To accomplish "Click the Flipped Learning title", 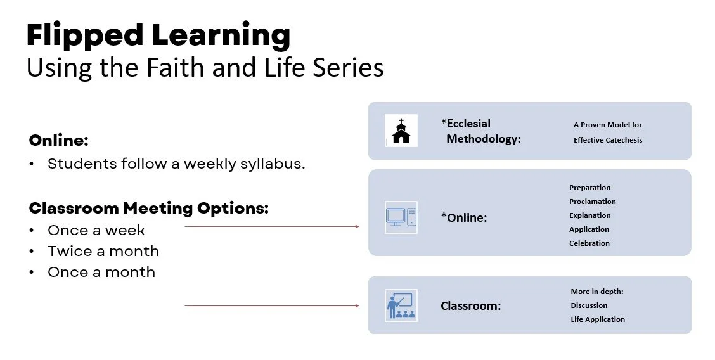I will point(158,36).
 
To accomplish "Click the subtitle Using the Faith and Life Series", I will point(205,68).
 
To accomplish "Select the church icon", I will point(401,131).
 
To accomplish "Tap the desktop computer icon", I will point(401,217).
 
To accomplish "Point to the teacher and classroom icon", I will point(401,305).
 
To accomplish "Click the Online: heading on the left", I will point(59,140).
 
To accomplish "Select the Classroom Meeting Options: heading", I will point(149,208).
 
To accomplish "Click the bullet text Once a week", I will point(96,230).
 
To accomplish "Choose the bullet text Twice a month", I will point(103,251).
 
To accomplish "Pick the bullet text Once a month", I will point(101,272).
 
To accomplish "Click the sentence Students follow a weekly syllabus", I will point(176,164).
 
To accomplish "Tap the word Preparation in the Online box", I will point(589,188).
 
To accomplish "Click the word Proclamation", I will point(592,202).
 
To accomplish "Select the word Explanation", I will point(589,215).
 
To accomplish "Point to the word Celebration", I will point(589,243).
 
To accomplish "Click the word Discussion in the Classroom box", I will point(589,305).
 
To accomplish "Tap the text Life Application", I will point(597,319).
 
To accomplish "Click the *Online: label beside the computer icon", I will point(463,217).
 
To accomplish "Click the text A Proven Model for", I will point(607,125).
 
